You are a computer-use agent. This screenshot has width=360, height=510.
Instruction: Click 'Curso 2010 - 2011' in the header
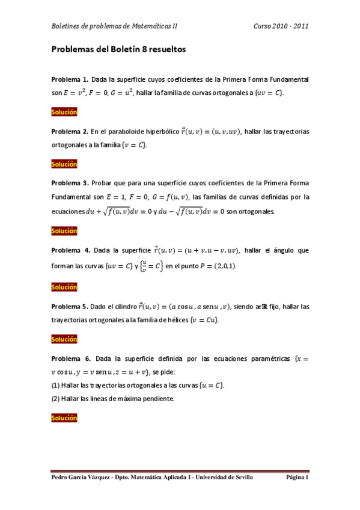281,26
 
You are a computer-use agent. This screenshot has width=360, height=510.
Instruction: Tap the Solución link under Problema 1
64,112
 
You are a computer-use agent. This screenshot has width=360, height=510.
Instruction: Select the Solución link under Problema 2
64,164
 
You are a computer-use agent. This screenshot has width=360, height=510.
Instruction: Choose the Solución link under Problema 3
64,230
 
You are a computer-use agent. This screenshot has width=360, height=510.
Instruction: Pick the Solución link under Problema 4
64,287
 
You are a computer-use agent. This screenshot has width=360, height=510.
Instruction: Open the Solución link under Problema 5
64,339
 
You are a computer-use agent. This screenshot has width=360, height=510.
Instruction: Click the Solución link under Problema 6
64,417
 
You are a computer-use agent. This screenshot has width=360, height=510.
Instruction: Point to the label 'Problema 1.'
70,79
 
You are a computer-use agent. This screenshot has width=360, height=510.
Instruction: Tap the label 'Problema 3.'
70,183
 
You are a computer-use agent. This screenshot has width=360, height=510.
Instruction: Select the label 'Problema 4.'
70,250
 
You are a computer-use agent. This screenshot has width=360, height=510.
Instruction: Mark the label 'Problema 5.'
70,307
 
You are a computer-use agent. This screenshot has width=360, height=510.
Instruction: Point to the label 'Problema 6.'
70,358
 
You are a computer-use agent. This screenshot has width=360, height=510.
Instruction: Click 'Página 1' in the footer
297,477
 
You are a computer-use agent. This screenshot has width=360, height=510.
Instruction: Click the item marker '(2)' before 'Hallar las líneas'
56,398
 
